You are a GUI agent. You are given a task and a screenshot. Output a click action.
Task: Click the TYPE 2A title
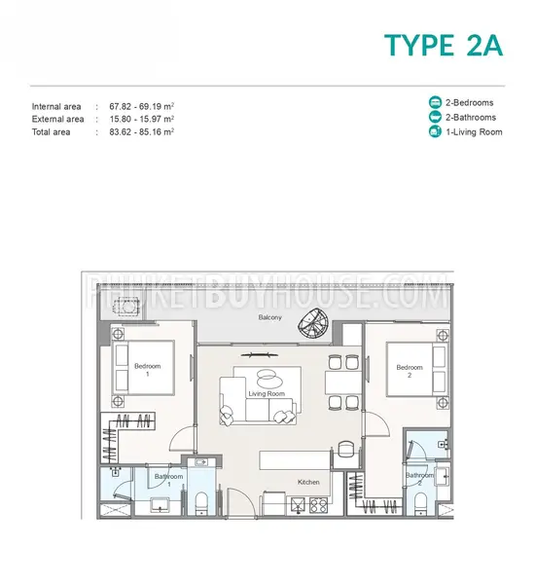pos(443,45)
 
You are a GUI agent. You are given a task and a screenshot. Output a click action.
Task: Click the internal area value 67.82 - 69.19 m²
pos(142,106)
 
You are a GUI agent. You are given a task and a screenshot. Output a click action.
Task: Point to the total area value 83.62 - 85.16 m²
pos(142,131)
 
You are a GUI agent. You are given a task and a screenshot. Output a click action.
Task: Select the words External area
pos(57,119)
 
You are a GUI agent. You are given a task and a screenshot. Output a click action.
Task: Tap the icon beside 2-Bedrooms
pos(435,102)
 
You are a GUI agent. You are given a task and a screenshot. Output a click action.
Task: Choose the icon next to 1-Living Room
pos(435,131)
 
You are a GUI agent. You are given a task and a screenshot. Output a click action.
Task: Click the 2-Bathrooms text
pos(471,118)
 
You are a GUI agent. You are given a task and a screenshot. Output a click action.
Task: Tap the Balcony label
pos(269,317)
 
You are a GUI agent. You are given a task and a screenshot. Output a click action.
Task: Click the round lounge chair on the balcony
pos(312,323)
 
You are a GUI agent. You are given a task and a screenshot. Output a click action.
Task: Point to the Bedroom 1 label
pos(148,370)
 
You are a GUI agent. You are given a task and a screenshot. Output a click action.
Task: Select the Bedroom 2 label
pos(410,371)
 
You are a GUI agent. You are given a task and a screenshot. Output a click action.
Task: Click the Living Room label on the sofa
pos(267,393)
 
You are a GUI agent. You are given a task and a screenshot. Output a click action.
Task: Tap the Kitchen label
pos(308,482)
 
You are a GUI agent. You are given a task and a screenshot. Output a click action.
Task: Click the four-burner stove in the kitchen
pos(318,505)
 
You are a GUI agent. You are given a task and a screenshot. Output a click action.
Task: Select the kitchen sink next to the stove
pos(298,505)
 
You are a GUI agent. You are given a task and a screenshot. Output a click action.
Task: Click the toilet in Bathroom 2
pos(420,504)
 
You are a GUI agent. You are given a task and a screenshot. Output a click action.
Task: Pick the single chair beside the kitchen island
pos(344,448)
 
